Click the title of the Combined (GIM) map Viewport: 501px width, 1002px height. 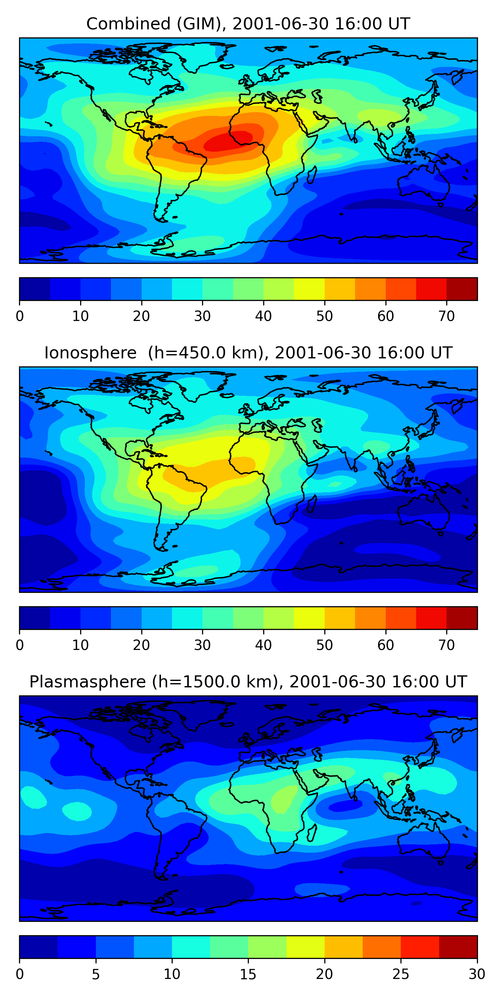pyautogui.click(x=248, y=24)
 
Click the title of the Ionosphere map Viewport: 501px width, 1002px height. pyautogui.click(x=248, y=353)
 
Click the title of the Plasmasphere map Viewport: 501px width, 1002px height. pyautogui.click(x=248, y=682)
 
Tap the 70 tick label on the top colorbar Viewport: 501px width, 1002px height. pyautogui.click(x=447, y=316)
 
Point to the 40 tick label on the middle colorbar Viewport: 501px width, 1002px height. pyautogui.click(x=263, y=645)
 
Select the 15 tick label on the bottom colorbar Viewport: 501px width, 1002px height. pyautogui.click(x=248, y=974)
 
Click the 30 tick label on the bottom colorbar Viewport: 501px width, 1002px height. pyautogui.click(x=477, y=974)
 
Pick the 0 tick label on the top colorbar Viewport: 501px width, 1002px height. pyautogui.click(x=20, y=316)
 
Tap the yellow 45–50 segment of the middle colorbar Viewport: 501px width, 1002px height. pyautogui.click(x=309, y=618)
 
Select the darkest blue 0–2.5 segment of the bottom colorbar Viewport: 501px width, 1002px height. pyautogui.click(x=38, y=947)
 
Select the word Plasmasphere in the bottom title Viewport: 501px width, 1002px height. pyautogui.click(x=88, y=682)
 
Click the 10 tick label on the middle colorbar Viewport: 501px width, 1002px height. pyautogui.click(x=80, y=645)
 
